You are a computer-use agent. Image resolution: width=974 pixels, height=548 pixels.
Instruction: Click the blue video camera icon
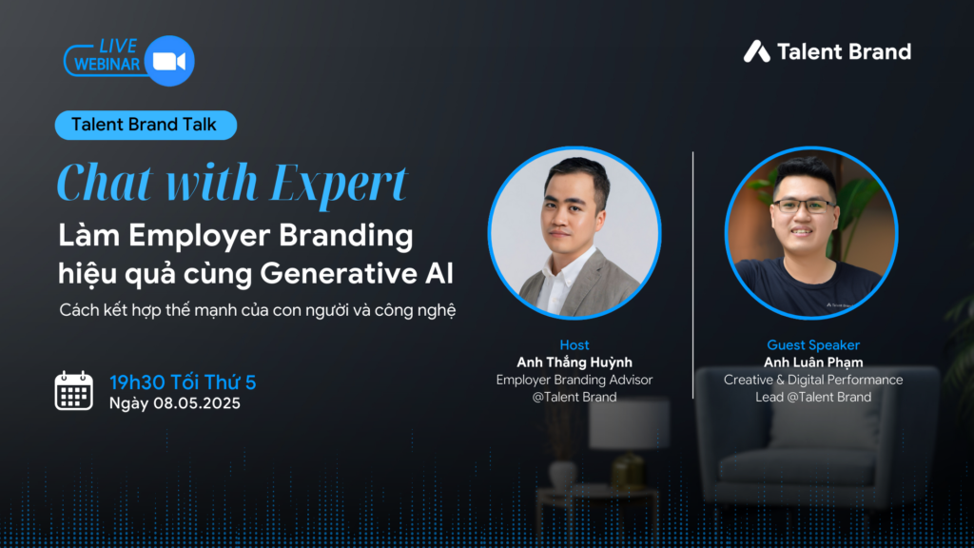(169, 61)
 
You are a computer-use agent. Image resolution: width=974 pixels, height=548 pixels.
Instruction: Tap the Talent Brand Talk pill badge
(146, 125)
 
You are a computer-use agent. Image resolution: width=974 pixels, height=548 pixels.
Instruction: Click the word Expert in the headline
(340, 183)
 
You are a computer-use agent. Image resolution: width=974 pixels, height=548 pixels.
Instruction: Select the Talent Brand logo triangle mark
(756, 51)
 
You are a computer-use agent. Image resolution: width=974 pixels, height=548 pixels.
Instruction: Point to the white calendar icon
(74, 391)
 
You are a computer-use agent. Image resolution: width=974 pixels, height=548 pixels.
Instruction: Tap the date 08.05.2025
(197, 403)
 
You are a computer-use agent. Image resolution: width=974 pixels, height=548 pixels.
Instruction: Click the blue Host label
(575, 344)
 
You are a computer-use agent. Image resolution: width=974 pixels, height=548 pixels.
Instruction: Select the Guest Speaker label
(813, 344)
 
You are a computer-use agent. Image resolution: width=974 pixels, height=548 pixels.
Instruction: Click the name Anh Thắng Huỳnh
(575, 362)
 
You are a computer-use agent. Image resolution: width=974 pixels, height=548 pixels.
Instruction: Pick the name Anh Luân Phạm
(813, 362)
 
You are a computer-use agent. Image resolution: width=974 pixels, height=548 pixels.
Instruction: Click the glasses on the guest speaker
(803, 206)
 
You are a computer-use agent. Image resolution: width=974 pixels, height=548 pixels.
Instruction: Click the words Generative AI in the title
(357, 273)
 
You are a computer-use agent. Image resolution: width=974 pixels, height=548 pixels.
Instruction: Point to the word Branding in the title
(345, 236)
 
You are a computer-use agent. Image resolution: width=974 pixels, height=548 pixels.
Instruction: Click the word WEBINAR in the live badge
(107, 64)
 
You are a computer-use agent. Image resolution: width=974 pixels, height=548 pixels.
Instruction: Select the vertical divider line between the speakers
(692, 275)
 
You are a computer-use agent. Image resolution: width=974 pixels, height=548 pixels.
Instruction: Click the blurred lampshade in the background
(630, 423)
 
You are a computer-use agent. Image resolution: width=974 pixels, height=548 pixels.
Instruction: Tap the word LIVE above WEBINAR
(118, 46)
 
